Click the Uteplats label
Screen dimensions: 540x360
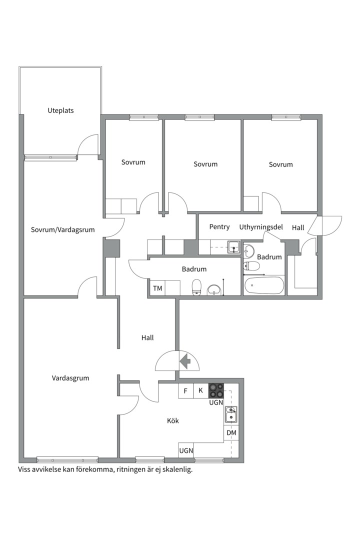60,110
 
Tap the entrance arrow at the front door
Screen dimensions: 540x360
184,361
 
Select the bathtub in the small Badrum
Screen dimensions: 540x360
264,286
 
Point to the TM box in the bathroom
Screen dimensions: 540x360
157,288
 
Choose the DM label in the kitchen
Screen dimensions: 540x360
231,432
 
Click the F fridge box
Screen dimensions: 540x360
185,390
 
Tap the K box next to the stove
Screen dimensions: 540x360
200,390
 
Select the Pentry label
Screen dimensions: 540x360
219,227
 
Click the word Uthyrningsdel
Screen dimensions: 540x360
260,227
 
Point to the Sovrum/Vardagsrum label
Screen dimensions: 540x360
62,230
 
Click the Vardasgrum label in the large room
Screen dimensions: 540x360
70,378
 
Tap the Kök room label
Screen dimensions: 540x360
173,421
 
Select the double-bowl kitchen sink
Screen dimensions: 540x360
231,414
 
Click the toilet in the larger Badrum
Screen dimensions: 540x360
197,286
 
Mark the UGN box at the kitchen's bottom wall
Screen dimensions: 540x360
186,450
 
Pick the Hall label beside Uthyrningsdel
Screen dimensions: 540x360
298,227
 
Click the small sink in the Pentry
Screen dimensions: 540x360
233,246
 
